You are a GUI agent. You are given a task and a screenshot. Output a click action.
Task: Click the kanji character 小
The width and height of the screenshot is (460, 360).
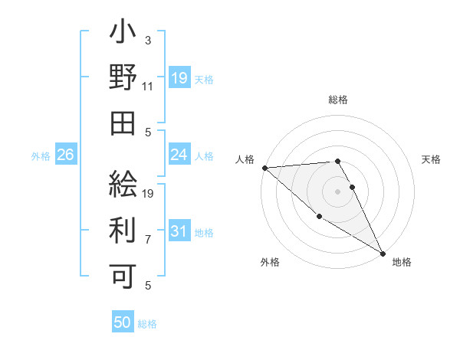[123, 35]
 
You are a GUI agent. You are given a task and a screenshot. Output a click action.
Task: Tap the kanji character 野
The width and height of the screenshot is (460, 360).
[123, 78]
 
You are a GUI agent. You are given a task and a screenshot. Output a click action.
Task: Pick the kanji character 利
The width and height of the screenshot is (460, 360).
[123, 228]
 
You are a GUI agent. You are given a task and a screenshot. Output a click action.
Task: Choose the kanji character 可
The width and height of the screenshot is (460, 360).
[123, 273]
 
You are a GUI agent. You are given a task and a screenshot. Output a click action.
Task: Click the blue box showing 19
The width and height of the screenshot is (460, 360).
[179, 78]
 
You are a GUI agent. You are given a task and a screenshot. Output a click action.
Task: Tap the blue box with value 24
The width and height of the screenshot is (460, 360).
[179, 155]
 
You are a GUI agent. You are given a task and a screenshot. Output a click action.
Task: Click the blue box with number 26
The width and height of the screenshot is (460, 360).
[65, 155]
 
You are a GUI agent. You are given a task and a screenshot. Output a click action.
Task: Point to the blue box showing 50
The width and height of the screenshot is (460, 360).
[122, 323]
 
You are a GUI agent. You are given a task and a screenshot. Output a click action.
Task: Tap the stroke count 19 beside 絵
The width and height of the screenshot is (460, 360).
[148, 193]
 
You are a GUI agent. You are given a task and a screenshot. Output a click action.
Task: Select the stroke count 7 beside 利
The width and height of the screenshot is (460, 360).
[148, 239]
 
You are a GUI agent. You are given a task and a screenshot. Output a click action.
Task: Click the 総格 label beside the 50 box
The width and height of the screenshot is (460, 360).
[147, 324]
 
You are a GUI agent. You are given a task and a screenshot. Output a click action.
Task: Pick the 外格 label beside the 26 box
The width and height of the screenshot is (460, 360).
[41, 156]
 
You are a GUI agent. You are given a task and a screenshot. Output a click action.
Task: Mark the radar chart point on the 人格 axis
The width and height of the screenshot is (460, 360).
[264, 167]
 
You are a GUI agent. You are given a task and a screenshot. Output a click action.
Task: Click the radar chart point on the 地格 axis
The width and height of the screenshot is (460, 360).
[383, 253]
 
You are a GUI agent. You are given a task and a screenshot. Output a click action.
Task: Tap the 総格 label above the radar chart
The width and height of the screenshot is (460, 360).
[337, 100]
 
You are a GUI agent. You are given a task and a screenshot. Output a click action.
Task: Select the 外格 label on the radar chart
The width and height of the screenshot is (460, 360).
[270, 262]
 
